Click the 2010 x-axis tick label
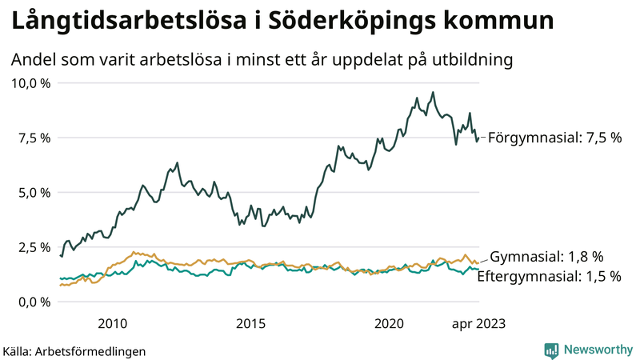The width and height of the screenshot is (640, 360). [112, 323]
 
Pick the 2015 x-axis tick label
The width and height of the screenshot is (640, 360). [250, 323]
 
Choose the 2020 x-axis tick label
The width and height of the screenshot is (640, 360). [390, 323]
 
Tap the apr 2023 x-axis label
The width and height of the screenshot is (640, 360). [479, 323]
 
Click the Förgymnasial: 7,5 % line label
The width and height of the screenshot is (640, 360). [554, 138]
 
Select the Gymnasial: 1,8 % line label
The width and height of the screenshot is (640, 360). [546, 257]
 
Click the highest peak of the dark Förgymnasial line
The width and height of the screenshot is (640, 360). [433, 92]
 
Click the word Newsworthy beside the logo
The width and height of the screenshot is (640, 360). [597, 350]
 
